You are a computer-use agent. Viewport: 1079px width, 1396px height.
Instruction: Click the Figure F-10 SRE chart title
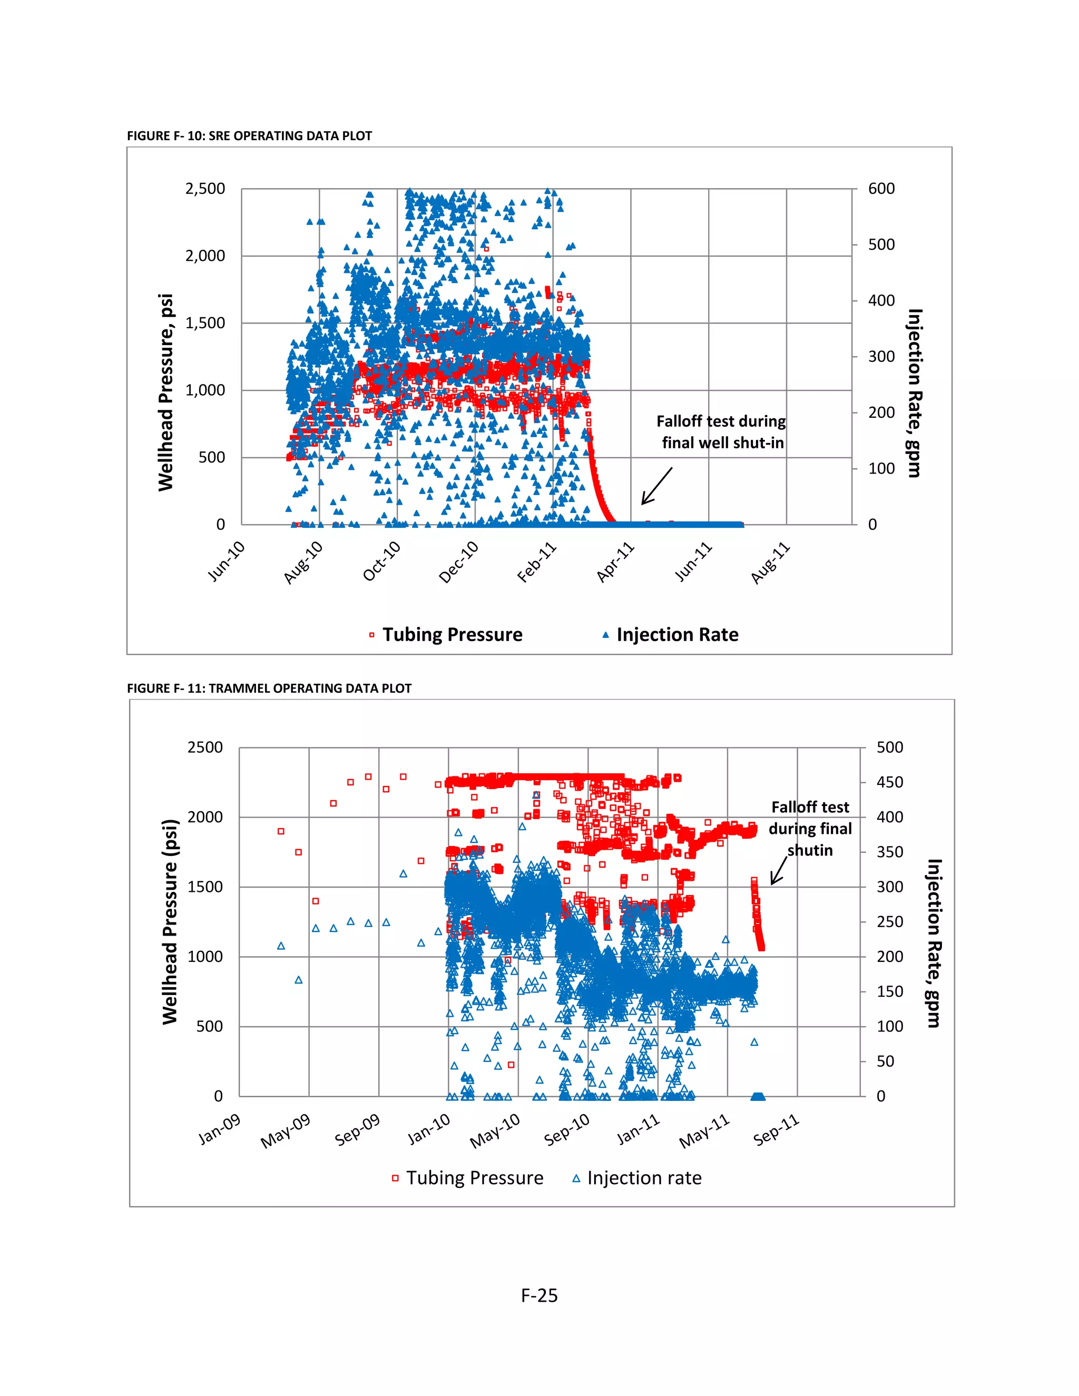click(249, 135)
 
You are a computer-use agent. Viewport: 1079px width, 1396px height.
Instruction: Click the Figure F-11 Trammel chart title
click(269, 689)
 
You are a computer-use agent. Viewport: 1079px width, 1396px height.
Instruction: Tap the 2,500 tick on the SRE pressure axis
click(205, 189)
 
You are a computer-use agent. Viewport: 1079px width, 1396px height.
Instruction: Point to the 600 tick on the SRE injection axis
click(881, 189)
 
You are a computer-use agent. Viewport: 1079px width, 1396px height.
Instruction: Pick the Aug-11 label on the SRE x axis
click(770, 562)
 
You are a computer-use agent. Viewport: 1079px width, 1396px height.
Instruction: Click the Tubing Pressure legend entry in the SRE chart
click(452, 635)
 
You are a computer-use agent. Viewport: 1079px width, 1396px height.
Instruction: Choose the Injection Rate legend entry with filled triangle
click(676, 635)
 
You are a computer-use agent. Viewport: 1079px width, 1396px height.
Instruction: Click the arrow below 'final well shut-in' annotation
click(656, 486)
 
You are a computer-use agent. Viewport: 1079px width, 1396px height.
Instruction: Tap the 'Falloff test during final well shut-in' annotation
click(722, 431)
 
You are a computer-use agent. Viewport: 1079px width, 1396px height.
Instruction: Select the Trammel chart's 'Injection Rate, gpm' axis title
click(934, 943)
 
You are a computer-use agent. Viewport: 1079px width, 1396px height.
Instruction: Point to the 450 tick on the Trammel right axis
click(890, 782)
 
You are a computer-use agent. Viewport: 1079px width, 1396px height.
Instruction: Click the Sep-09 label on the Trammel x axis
click(357, 1129)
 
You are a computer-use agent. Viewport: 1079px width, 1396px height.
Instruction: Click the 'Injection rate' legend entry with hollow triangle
click(644, 1178)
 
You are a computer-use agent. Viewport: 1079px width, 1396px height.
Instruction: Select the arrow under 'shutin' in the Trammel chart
click(779, 871)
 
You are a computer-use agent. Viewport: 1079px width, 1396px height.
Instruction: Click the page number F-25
click(539, 1296)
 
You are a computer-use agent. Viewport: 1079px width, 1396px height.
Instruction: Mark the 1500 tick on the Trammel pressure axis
click(204, 887)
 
